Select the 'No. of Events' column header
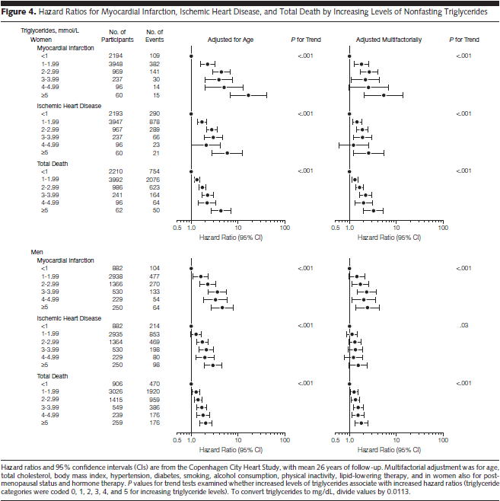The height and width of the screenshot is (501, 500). pos(154,34)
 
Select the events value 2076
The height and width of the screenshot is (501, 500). pos(154,180)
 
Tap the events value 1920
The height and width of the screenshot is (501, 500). pos(154,392)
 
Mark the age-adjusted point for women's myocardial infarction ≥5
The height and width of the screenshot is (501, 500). pos(247,95)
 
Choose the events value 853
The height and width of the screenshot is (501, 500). pos(154,333)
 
